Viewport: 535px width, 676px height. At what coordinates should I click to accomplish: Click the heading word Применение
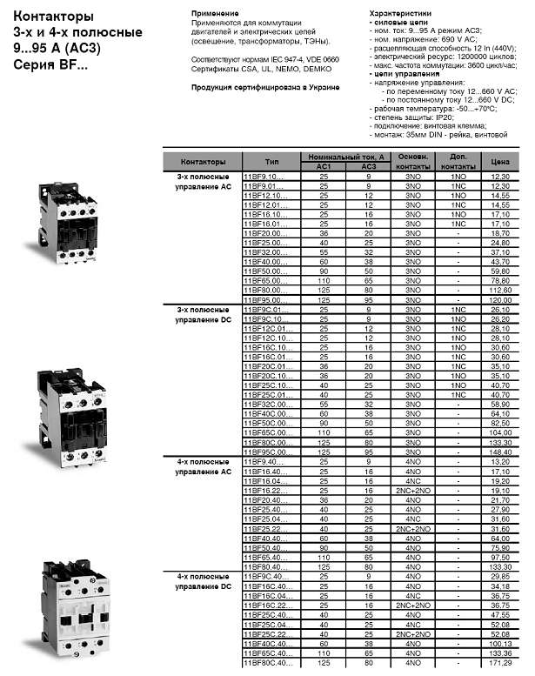214,15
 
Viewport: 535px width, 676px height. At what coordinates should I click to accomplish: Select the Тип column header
271,162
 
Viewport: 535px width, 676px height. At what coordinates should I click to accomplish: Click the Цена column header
500,162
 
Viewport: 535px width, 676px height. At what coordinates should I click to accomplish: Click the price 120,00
500,298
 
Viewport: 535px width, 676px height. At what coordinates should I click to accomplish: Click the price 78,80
500,281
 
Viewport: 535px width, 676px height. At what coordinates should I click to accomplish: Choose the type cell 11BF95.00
264,298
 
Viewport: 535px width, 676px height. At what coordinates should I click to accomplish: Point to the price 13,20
500,462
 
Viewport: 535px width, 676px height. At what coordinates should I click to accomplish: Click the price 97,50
500,556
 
